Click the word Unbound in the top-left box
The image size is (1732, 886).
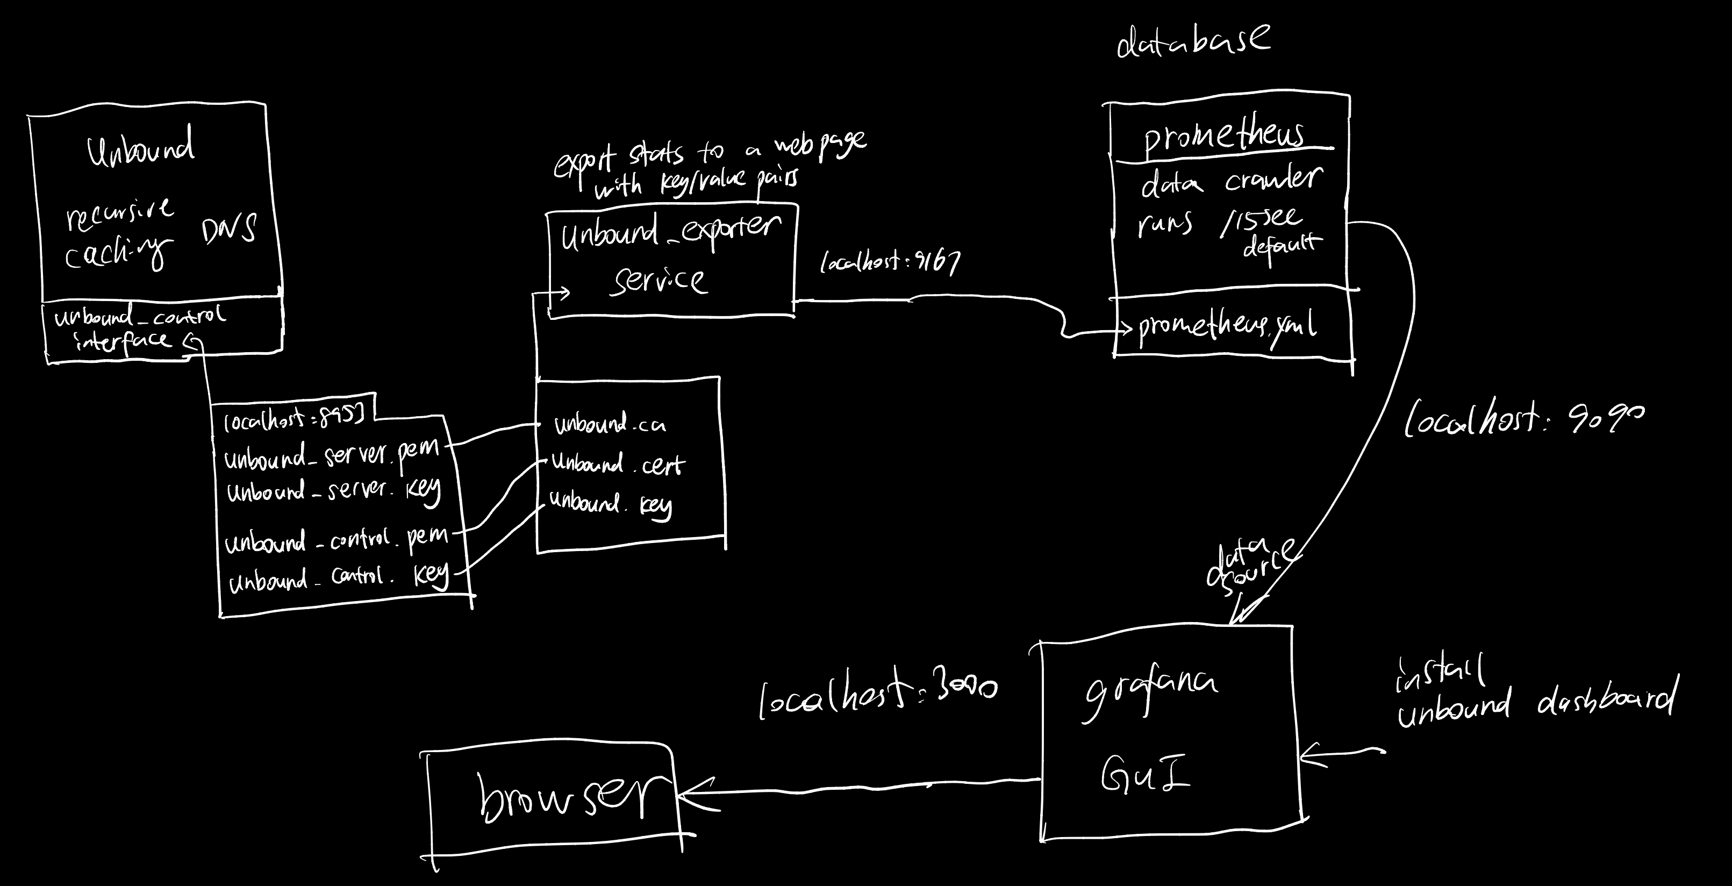coord(141,147)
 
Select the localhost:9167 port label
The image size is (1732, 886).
coord(890,261)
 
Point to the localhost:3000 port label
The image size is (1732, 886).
coord(877,696)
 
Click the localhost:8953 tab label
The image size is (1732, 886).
coord(294,419)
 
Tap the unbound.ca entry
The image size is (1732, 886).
coord(610,424)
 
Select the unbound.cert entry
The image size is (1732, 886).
coord(617,464)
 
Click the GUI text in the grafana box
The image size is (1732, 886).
coord(1145,774)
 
